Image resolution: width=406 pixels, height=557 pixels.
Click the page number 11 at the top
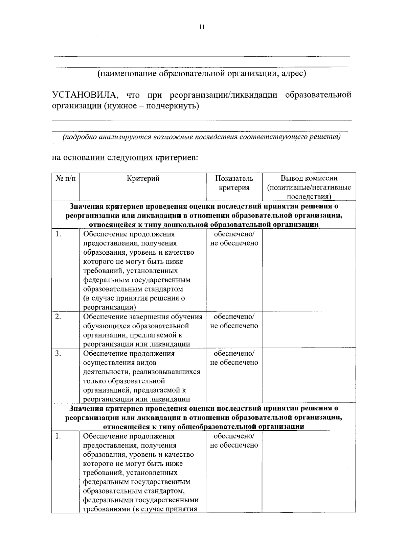[202, 27]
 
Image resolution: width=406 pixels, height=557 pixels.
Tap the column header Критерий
[143, 179]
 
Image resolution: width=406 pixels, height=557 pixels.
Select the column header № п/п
[65, 179]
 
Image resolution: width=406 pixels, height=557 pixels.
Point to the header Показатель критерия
[234, 183]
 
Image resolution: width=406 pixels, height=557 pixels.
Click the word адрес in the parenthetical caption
[293, 73]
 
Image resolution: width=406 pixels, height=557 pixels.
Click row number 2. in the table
[58, 317]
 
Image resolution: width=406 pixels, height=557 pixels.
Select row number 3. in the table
[58, 354]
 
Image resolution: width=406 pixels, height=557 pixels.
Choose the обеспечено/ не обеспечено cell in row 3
[234, 358]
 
